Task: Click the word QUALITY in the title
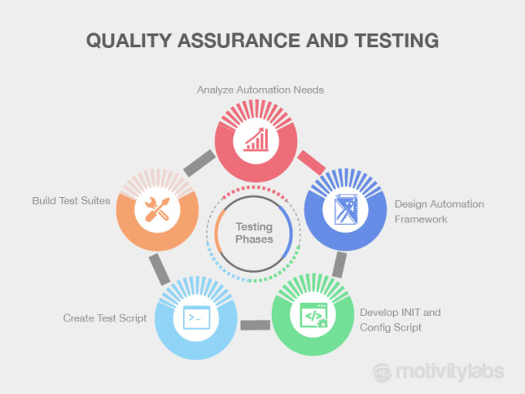(x=129, y=41)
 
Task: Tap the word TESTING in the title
(x=397, y=40)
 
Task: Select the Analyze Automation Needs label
(x=260, y=90)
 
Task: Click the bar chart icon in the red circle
(x=256, y=139)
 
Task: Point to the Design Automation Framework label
(x=439, y=212)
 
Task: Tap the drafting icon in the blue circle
(x=346, y=209)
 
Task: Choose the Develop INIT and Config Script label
(x=400, y=320)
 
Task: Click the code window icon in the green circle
(x=313, y=315)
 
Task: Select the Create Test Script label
(x=105, y=318)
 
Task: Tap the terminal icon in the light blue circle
(x=197, y=317)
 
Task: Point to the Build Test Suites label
(x=71, y=201)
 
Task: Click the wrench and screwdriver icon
(x=157, y=209)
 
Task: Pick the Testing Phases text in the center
(x=254, y=233)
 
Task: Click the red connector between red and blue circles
(x=311, y=162)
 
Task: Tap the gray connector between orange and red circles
(x=199, y=163)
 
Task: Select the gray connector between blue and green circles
(x=340, y=265)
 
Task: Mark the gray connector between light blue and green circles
(x=255, y=325)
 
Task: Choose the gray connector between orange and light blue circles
(x=159, y=270)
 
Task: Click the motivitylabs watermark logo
(x=439, y=372)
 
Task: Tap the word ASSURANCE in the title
(x=239, y=41)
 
